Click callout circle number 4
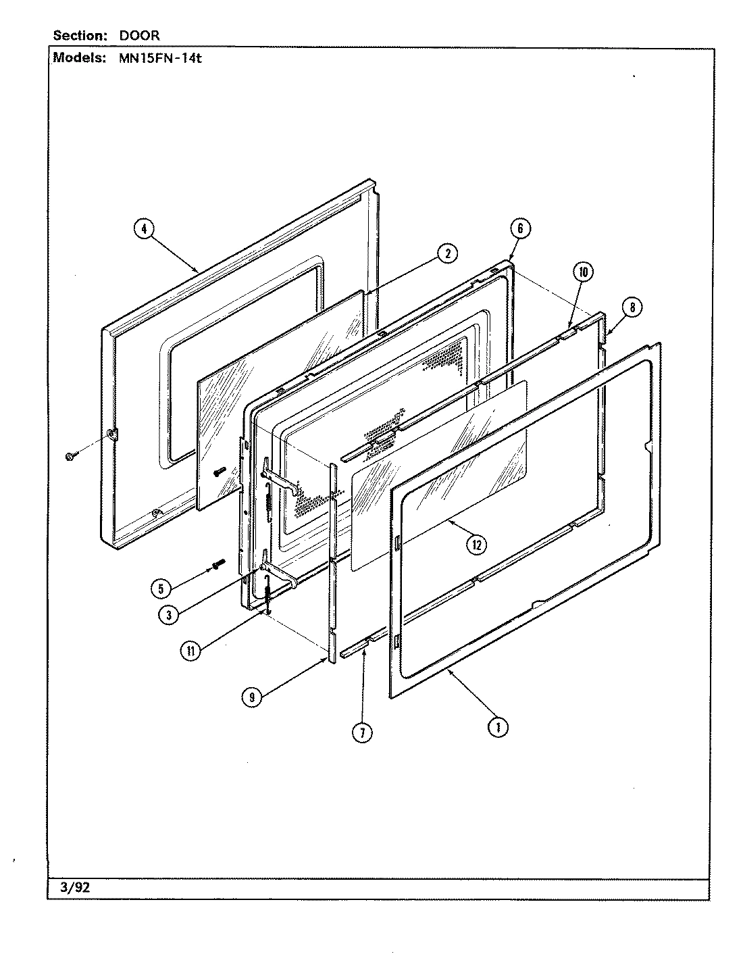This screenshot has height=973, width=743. click(x=143, y=229)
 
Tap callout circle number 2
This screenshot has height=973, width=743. click(x=446, y=253)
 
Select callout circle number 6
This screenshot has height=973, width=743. click(x=520, y=228)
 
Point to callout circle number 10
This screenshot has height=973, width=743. click(x=582, y=272)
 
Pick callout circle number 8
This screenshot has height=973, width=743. click(x=632, y=308)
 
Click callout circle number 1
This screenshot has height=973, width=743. click(x=498, y=727)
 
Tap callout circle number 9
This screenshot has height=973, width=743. click(x=251, y=699)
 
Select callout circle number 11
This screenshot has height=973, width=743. click(x=191, y=651)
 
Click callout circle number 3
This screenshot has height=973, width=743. click(x=169, y=614)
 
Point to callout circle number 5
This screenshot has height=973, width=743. click(x=161, y=589)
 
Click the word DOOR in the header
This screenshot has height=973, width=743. click(x=141, y=36)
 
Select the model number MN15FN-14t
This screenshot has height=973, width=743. click(x=156, y=58)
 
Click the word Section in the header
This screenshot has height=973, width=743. click(x=78, y=36)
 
